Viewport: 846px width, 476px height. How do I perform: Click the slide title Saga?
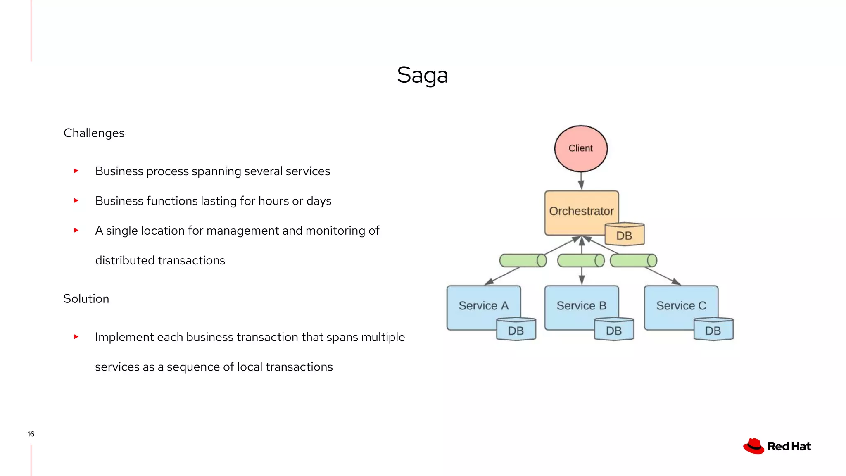tap(422, 75)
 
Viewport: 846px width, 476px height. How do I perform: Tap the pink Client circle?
tap(580, 148)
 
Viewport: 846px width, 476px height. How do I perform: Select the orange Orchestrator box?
tap(581, 211)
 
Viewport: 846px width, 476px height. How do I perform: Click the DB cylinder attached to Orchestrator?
tap(624, 235)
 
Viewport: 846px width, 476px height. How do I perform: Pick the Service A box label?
tap(483, 306)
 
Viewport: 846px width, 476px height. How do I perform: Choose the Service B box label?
tap(581, 306)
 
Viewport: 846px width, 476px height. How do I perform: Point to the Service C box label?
tap(681, 306)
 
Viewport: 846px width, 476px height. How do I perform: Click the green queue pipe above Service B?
tap(580, 261)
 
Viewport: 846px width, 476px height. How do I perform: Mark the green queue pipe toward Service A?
tap(523, 261)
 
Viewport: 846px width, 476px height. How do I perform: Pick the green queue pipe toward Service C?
tap(633, 261)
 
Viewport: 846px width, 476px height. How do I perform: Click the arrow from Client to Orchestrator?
tap(581, 181)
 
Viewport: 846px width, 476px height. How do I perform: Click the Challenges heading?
tap(94, 133)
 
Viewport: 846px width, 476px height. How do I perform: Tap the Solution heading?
tap(86, 299)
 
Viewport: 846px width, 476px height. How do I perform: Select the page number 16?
tap(31, 434)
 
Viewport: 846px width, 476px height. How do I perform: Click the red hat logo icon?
tap(753, 446)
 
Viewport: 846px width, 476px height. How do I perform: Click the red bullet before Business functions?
tap(76, 201)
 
